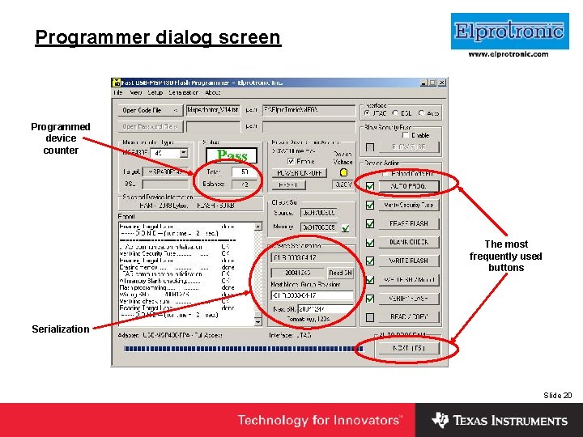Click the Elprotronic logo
coord(509,32)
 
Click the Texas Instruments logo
coord(500,420)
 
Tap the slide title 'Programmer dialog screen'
coord(158,37)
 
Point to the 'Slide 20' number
coord(557,395)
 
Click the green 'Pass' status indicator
coord(232,155)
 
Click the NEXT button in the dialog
coord(407,348)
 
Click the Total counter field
coord(244,172)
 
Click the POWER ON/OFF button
coord(299,172)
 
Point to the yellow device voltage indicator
coord(343,172)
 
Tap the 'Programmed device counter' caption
coord(61,138)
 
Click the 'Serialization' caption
coord(60,329)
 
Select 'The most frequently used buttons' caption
coord(506,256)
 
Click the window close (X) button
coord(442,83)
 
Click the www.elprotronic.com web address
coord(509,54)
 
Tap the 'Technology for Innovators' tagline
coord(319,420)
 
